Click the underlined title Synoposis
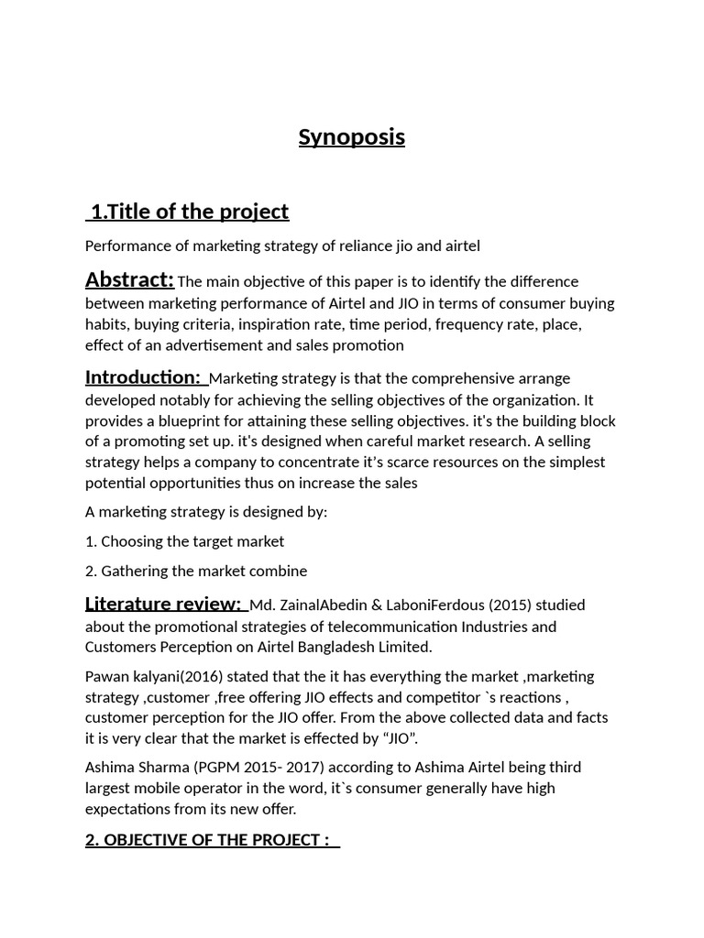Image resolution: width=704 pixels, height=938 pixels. point(351,137)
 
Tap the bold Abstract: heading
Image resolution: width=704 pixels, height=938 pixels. point(129,279)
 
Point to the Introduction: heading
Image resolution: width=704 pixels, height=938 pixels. point(143,377)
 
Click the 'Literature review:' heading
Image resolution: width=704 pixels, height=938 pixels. point(163,604)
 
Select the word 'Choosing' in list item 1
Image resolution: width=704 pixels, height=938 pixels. point(131,541)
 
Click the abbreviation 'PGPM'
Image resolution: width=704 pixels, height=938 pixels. point(222,767)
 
